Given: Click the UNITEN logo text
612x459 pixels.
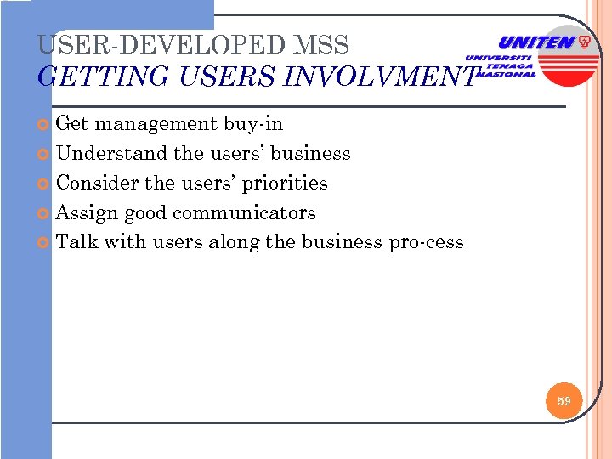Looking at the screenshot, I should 536,42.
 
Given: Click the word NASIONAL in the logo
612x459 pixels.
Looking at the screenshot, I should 510,74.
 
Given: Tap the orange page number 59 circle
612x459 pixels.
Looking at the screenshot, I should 564,399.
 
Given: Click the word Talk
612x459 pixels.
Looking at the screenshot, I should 77,242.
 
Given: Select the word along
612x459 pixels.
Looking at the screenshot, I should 231,242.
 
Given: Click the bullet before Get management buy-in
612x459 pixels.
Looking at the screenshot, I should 46,125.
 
